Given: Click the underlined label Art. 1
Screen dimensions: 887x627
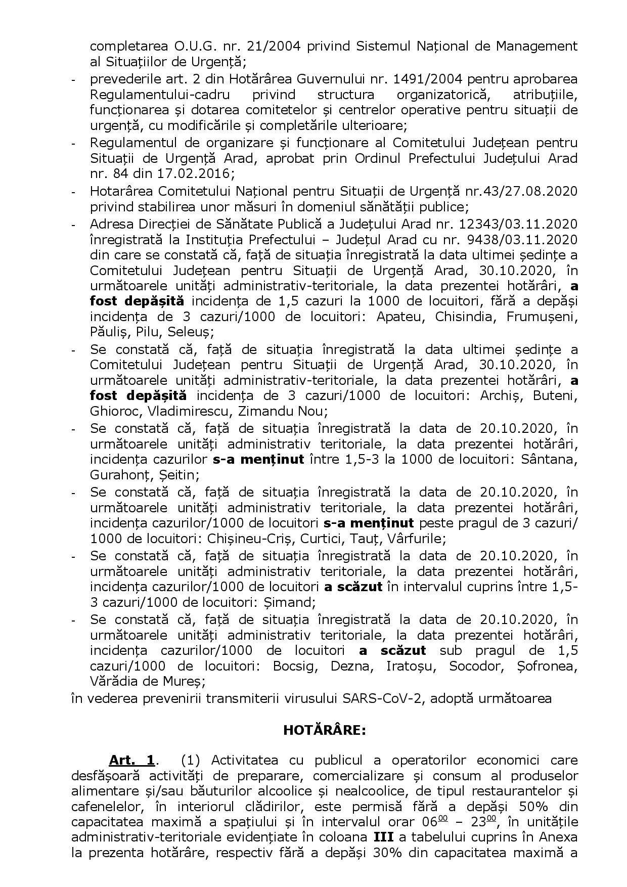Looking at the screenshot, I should pos(131,760).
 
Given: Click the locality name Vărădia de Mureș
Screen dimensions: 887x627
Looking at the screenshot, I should pos(147,681).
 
